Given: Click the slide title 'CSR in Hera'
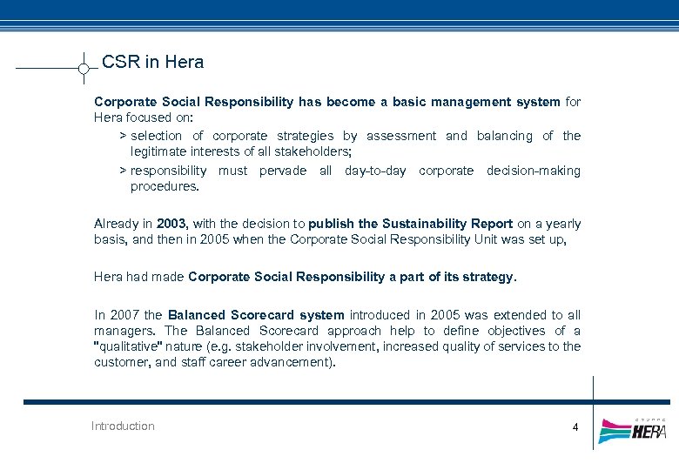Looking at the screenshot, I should point(152,62).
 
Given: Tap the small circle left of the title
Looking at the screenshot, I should point(83,68).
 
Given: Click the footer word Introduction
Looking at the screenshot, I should point(123,426).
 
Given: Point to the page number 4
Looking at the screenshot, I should point(575,426).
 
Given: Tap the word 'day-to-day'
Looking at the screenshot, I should point(375,171).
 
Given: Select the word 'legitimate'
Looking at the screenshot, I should point(159,151).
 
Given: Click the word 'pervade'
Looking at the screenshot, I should point(283,171).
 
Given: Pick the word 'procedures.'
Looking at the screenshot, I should point(165,186).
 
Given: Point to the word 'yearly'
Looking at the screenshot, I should point(561,224).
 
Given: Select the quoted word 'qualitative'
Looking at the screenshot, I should point(127,346).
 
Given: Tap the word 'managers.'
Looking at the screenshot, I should point(125,331).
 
